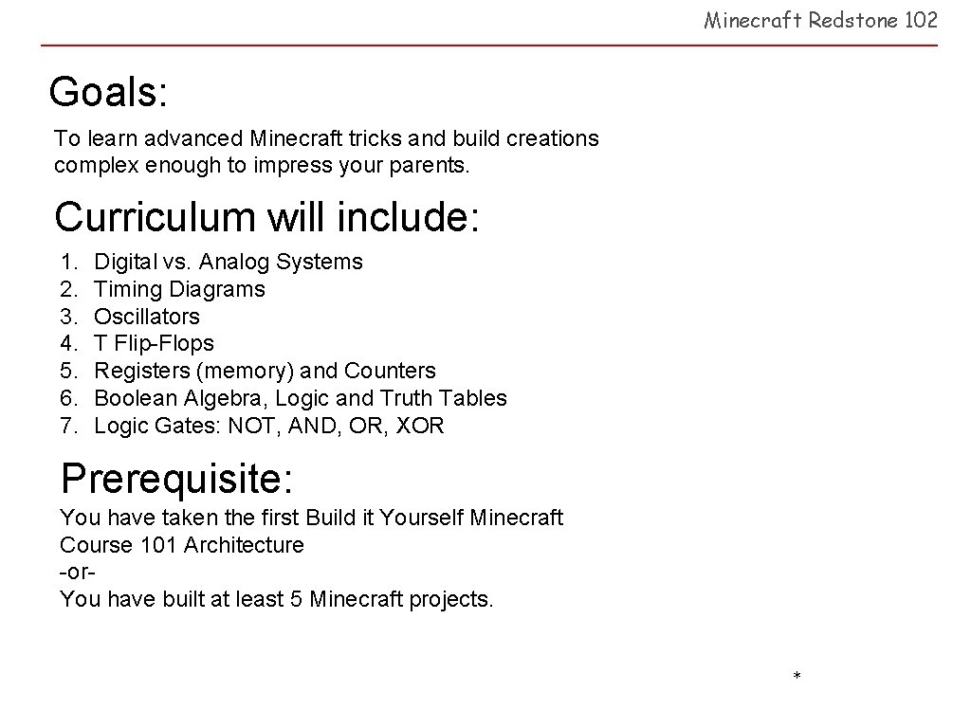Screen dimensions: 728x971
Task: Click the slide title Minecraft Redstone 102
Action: point(820,20)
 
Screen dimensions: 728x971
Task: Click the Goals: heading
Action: point(108,93)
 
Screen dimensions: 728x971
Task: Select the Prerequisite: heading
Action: point(176,479)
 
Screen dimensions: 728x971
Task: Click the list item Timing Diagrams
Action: point(179,289)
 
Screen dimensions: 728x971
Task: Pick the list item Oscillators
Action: point(147,317)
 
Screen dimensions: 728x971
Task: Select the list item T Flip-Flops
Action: point(154,343)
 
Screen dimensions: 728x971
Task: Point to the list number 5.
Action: point(67,371)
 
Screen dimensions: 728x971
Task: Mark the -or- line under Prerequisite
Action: point(80,572)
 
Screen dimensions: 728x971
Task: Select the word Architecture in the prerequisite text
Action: point(244,545)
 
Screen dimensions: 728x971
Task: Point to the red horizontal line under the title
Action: point(488,45)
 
